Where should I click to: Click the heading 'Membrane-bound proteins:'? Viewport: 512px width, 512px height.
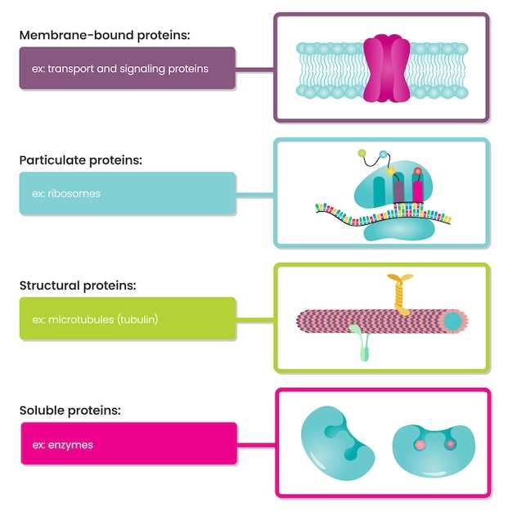(x=105, y=35)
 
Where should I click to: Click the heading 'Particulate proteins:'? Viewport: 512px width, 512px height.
(x=81, y=160)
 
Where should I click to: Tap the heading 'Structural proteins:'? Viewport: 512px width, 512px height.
(x=78, y=285)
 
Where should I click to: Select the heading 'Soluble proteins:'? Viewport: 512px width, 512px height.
(x=70, y=411)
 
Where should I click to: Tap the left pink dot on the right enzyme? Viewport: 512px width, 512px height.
(x=419, y=445)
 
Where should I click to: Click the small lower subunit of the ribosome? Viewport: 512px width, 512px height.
(x=391, y=230)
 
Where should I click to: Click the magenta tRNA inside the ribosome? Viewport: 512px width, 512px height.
(x=418, y=191)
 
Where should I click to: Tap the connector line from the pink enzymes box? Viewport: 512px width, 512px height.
(x=256, y=445)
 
